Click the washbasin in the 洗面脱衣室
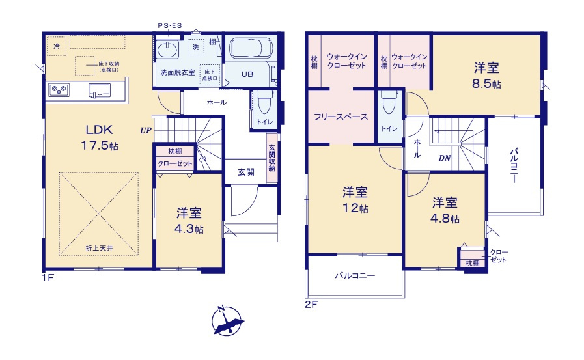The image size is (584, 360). (168, 51)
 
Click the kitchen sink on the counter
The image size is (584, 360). (99, 89)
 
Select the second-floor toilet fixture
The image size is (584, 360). (388, 105)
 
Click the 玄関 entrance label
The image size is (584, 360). (245, 173)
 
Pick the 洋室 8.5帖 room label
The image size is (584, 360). (486, 75)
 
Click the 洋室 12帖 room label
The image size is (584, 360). (355, 200)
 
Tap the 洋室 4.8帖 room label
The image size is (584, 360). (446, 210)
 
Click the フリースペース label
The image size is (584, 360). (341, 117)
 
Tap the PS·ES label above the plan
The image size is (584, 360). (169, 25)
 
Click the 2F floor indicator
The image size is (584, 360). (309, 303)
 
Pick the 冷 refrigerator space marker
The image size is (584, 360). (57, 46)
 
